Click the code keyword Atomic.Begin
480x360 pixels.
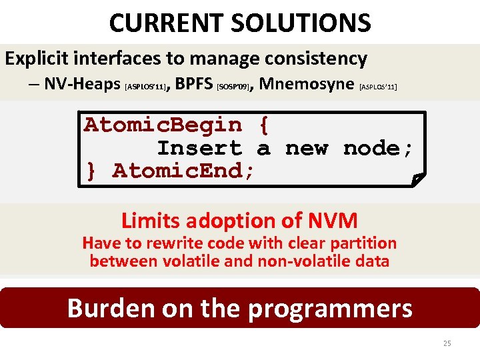163,125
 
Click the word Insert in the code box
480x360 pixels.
199,148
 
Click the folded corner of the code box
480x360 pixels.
417,179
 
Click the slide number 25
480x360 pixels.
447,343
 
